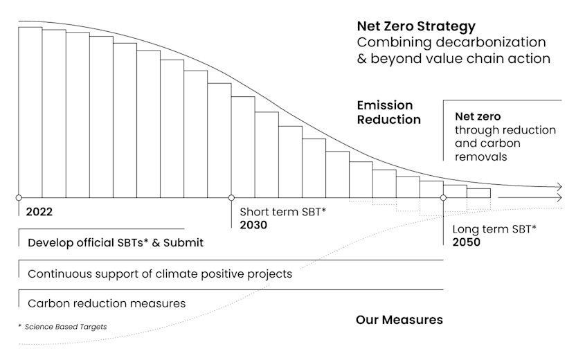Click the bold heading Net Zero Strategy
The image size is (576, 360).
[x=416, y=26]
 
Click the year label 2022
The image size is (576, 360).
[x=39, y=213]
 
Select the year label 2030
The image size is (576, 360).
[x=253, y=226]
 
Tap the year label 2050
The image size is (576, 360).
[x=466, y=242]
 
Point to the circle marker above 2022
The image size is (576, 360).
[x=19, y=198]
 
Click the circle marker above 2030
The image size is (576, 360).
[x=231, y=198]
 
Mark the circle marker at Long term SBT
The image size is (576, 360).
[x=443, y=198]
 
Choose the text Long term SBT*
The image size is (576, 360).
[x=494, y=229]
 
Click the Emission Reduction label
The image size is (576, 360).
[x=388, y=112]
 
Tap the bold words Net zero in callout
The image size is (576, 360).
[x=478, y=116]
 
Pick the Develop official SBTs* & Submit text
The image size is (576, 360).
[x=115, y=244]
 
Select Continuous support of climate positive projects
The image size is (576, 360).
[x=159, y=274]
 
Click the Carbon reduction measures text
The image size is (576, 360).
[x=106, y=303]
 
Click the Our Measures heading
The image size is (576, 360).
[x=399, y=320]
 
